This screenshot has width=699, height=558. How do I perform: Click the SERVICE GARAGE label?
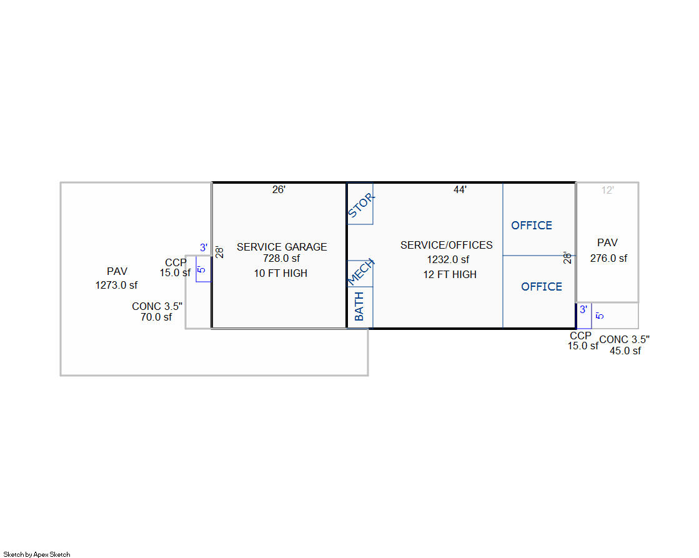tap(282, 247)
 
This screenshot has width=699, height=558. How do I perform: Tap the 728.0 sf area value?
tap(281, 258)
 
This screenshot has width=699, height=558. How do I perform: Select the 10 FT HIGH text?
tap(281, 274)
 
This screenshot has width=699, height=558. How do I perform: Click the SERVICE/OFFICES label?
tap(446, 245)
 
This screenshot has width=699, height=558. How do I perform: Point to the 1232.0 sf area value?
tap(448, 259)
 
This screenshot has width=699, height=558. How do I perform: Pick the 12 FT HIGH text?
tap(450, 274)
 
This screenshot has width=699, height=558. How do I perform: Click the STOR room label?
tap(360, 205)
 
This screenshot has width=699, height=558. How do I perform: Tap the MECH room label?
tap(360, 272)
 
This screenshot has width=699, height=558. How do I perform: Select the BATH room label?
tap(359, 306)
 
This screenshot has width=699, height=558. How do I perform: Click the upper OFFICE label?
tap(532, 225)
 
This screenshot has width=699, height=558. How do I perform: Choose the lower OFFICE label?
tap(542, 286)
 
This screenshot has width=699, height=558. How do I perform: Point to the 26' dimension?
tap(279, 189)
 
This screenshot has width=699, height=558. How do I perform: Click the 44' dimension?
tap(460, 189)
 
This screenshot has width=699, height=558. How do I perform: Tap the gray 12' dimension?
tap(608, 190)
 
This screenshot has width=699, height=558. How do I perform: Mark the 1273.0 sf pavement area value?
tap(116, 285)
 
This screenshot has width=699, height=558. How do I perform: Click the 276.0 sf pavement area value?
tap(608, 258)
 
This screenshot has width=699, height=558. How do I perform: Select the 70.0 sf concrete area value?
tap(156, 317)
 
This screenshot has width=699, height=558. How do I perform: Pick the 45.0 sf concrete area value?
tap(625, 351)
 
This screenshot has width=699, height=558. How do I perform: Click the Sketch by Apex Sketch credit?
tap(37, 554)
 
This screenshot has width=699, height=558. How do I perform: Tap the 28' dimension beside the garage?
tap(219, 252)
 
